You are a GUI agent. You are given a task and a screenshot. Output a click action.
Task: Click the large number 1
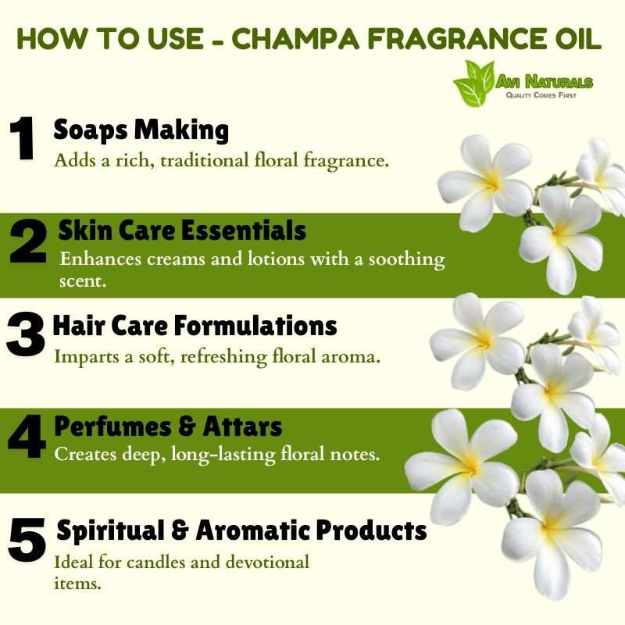tap(23, 138)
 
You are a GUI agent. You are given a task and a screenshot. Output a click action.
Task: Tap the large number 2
tap(28, 242)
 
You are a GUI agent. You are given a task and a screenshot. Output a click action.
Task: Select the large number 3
tap(25, 334)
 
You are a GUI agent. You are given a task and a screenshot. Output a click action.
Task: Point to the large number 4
tap(27, 437)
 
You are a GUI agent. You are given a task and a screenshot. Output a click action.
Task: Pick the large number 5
tap(27, 540)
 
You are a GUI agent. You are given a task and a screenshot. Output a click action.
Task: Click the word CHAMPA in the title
tap(295, 39)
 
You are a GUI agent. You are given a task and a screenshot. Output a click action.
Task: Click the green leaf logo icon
tap(474, 83)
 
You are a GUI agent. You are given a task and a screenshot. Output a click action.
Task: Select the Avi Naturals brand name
tap(544, 82)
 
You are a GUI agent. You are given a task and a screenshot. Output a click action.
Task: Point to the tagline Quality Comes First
tap(541, 95)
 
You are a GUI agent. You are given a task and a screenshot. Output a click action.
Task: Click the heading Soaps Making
tap(141, 130)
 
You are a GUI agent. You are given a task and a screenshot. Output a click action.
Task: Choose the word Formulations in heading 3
tap(255, 325)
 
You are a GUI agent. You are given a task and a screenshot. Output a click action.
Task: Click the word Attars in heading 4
tap(242, 426)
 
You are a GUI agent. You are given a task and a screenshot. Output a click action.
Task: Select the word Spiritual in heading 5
tap(110, 531)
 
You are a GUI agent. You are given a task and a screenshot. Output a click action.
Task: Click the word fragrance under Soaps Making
tap(346, 162)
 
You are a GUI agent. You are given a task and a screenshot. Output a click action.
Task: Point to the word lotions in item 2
tap(275, 259)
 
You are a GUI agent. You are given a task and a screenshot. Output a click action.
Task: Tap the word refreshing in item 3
tap(224, 357)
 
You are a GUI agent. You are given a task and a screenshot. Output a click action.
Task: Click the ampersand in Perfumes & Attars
tap(187, 427)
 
